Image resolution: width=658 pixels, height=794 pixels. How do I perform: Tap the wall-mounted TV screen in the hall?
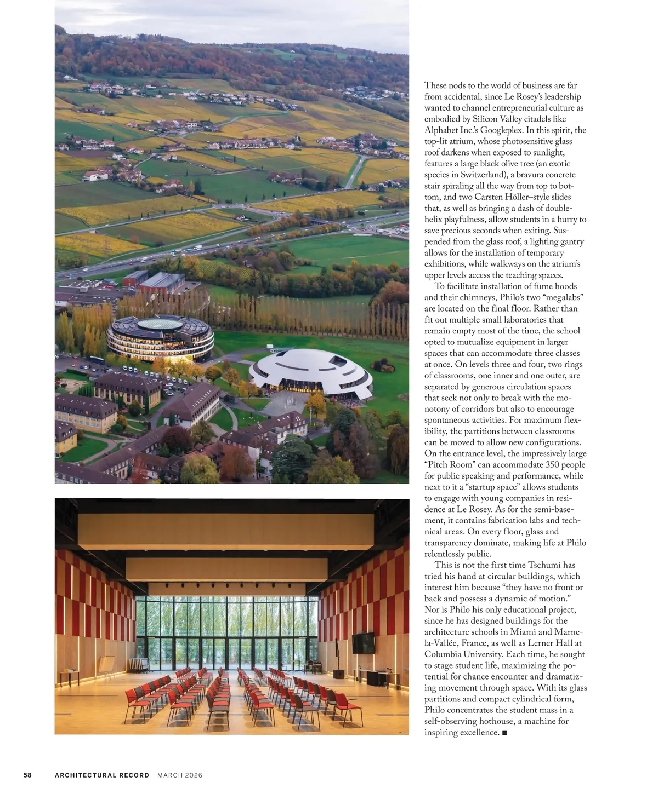363,643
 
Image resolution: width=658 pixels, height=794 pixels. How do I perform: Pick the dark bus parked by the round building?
97,360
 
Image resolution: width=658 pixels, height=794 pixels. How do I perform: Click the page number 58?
27,775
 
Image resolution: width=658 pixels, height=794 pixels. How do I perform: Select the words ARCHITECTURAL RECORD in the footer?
102,775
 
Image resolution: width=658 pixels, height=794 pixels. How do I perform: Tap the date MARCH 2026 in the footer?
180,775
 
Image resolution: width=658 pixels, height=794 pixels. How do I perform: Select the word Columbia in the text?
444,654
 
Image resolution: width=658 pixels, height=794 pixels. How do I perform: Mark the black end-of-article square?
504,733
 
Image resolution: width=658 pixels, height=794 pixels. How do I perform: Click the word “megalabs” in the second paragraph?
564,297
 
